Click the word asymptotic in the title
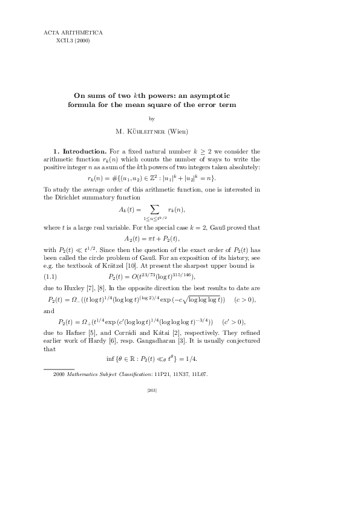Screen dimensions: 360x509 [x=209, y=96]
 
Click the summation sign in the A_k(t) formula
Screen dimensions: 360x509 [x=155, y=209]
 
